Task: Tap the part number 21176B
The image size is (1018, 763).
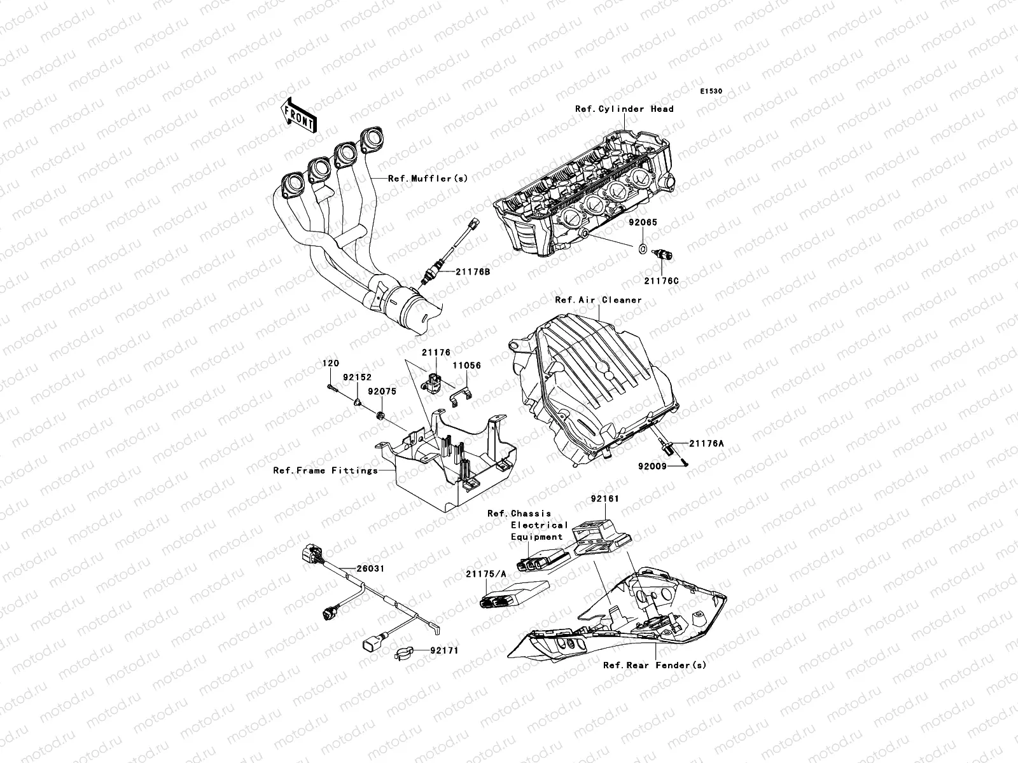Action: (x=472, y=271)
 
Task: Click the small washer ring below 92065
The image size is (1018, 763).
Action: (x=643, y=248)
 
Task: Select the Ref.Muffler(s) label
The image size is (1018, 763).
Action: (x=428, y=179)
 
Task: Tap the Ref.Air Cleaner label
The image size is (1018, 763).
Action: (x=598, y=299)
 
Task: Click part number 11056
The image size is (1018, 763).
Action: (x=466, y=366)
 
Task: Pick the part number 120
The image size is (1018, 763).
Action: (x=330, y=362)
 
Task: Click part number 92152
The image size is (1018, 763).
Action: (x=358, y=377)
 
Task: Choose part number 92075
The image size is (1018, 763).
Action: (x=384, y=392)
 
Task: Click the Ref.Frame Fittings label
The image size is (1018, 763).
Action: (x=324, y=471)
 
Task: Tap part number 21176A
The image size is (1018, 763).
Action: (x=705, y=444)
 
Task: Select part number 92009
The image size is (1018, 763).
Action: (x=652, y=466)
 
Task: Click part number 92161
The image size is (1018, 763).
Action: (x=604, y=499)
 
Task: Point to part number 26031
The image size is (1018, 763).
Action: (x=370, y=568)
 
